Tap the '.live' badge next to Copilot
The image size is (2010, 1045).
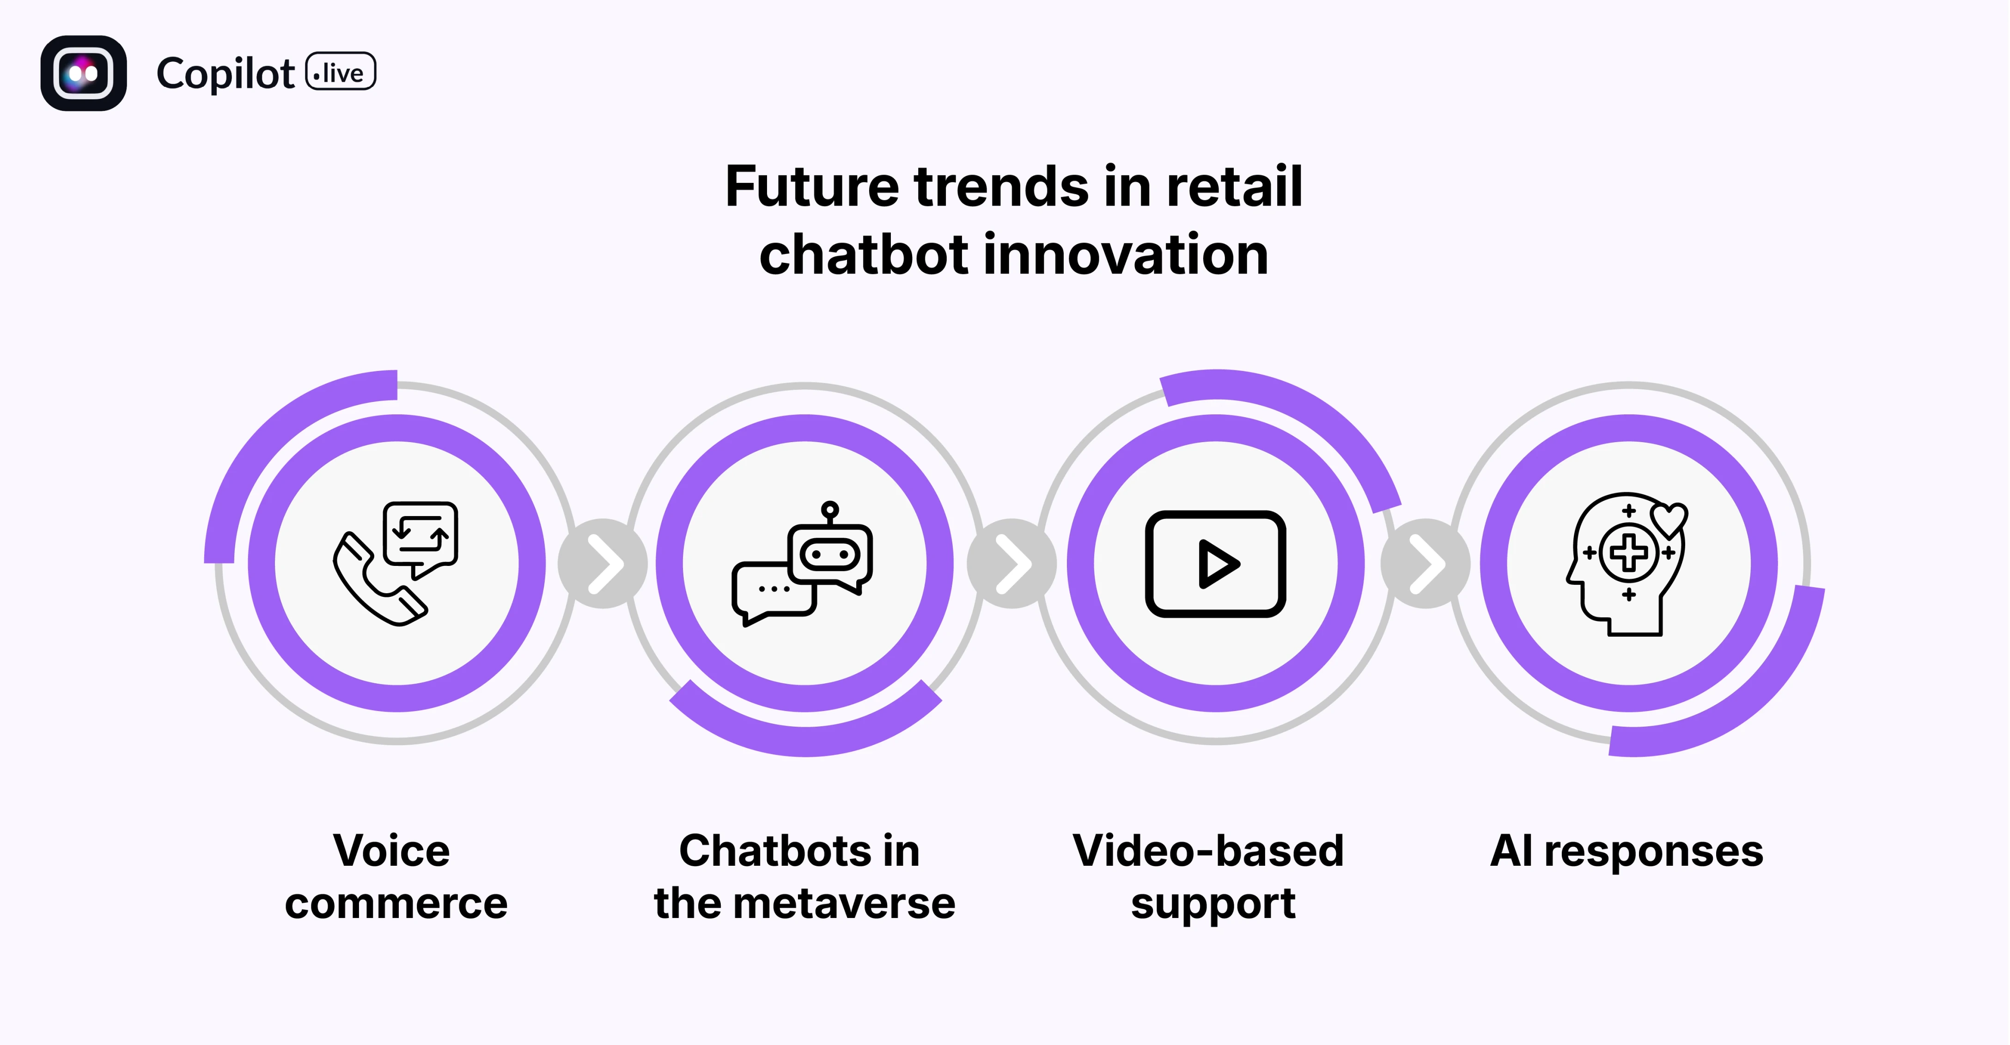(340, 73)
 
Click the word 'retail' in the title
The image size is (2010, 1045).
(1234, 187)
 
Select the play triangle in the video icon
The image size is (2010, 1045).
(1217, 564)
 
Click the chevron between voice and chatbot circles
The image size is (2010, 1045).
(603, 564)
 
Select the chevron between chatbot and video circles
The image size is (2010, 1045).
(1012, 564)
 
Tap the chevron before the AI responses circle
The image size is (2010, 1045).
(1425, 564)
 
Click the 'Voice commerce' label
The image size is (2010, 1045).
(396, 876)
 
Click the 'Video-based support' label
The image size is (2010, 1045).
(1209, 876)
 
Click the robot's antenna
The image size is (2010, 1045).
(830, 511)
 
